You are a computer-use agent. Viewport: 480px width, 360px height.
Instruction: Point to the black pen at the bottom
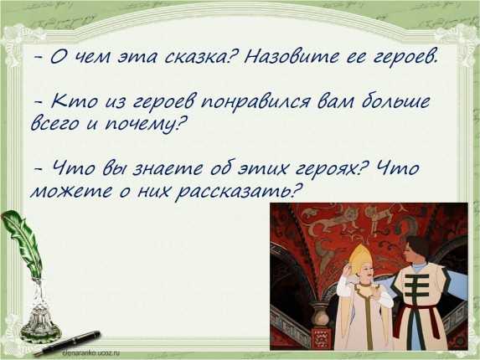(66, 343)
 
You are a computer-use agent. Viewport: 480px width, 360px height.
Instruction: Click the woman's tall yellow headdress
(360, 256)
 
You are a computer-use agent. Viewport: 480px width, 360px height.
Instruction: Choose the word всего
(56, 125)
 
